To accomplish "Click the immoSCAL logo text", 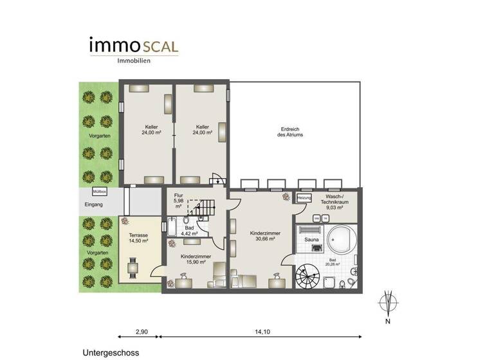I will pyautogui.click(x=134, y=46).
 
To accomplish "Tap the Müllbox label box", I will pyautogui.click(x=99, y=192).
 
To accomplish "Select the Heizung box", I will pyautogui.click(x=304, y=197).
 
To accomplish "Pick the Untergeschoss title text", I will pyautogui.click(x=110, y=353).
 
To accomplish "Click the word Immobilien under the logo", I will pyautogui.click(x=134, y=61).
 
